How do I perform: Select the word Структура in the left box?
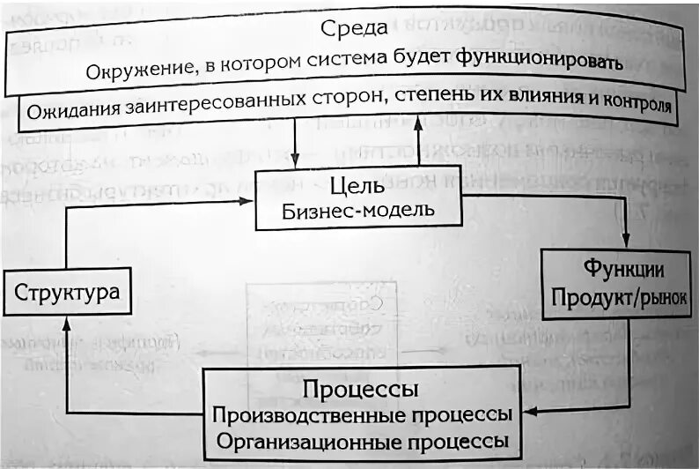tap(67, 293)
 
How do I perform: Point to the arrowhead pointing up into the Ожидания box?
tap(417, 127)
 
